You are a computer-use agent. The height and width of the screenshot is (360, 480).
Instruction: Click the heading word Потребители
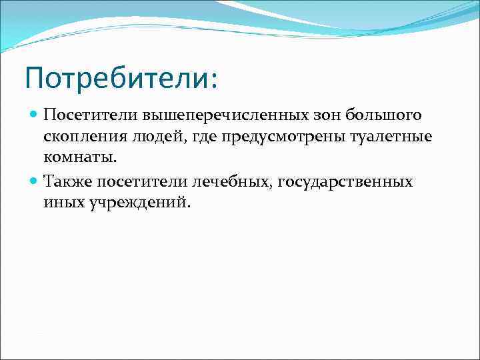(115, 78)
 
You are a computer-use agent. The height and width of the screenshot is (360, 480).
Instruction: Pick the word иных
(62, 203)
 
